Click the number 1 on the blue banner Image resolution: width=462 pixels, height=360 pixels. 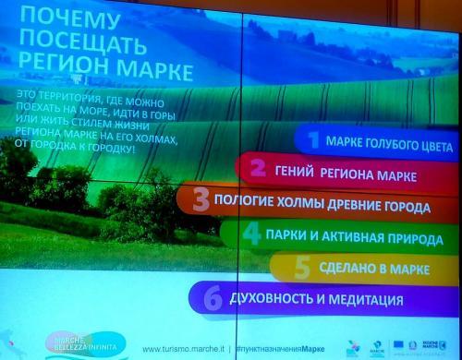pyautogui.click(x=312, y=141)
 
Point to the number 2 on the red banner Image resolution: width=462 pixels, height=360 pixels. pyautogui.click(x=258, y=169)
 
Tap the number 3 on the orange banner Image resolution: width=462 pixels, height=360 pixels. pyautogui.click(x=199, y=198)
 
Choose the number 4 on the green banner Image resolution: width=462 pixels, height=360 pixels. pyautogui.click(x=250, y=233)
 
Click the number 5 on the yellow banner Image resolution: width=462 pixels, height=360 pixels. pyautogui.click(x=300, y=267)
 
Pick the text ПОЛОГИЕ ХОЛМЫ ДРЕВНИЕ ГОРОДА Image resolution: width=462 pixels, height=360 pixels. pyautogui.click(x=317, y=201)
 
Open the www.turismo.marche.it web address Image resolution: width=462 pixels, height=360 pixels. pyautogui.click(x=185, y=349)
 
